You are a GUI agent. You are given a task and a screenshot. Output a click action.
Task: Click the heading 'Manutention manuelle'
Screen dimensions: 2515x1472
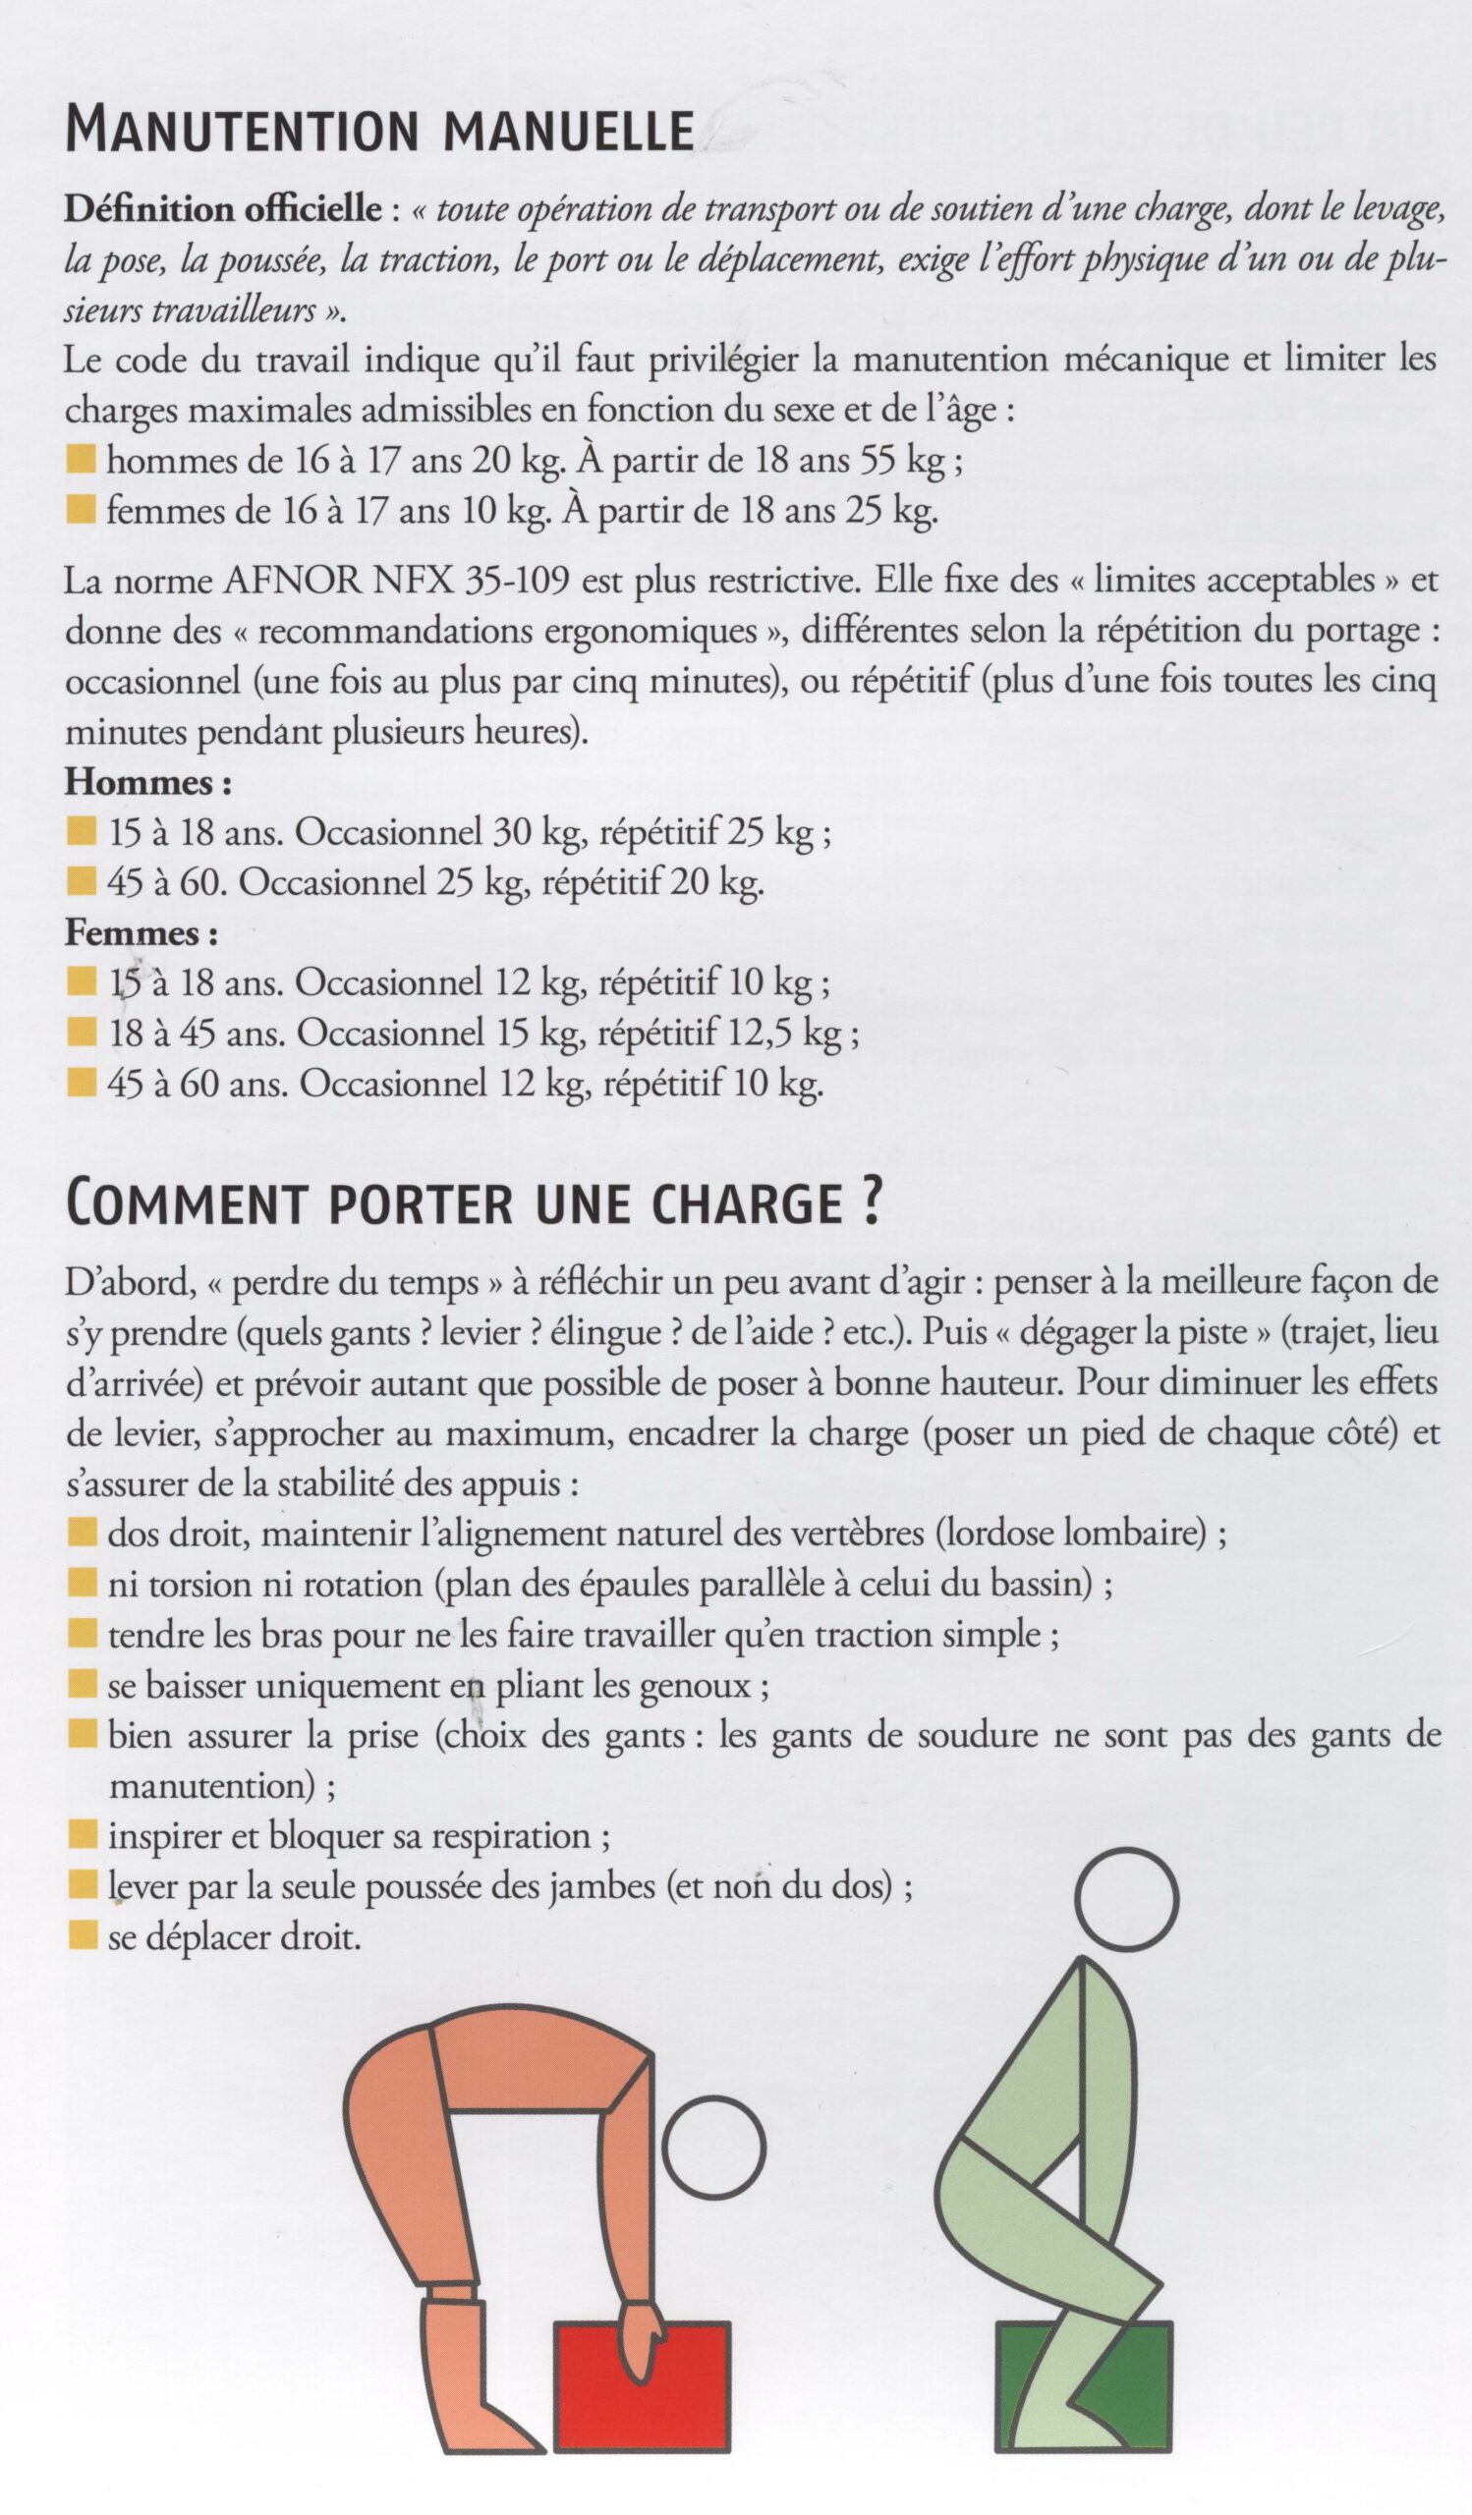379,131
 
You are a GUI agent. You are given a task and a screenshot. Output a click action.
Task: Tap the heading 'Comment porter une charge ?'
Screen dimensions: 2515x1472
473,1204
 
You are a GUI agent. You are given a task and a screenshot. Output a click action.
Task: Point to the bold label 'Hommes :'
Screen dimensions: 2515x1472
148,781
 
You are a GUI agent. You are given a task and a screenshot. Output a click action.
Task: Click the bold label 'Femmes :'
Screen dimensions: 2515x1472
142,933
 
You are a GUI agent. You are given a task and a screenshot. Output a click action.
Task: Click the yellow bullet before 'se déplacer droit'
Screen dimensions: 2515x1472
83,1937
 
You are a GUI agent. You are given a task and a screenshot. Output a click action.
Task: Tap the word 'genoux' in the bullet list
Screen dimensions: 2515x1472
705,1686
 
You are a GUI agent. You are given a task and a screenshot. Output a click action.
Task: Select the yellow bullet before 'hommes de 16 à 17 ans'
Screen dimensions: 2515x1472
82,460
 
